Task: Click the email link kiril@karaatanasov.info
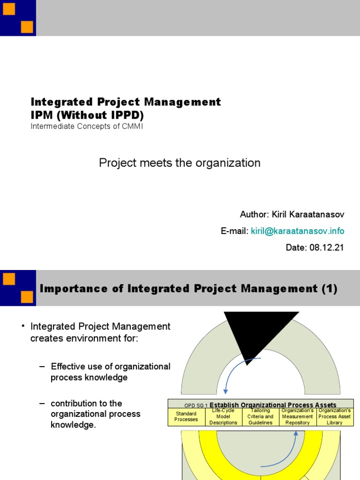point(297,231)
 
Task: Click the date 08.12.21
point(326,247)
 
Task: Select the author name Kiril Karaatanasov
point(306,215)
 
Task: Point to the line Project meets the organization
point(180,163)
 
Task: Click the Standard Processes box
point(186,416)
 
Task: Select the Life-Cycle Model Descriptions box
point(224,416)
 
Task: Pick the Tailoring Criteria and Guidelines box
point(260,416)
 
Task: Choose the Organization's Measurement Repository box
point(297,416)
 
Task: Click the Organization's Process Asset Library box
point(335,416)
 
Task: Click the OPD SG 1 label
point(196,405)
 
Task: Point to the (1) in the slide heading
point(329,289)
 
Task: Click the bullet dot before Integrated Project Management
point(22,326)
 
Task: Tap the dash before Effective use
point(42,367)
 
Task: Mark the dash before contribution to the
point(42,404)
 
